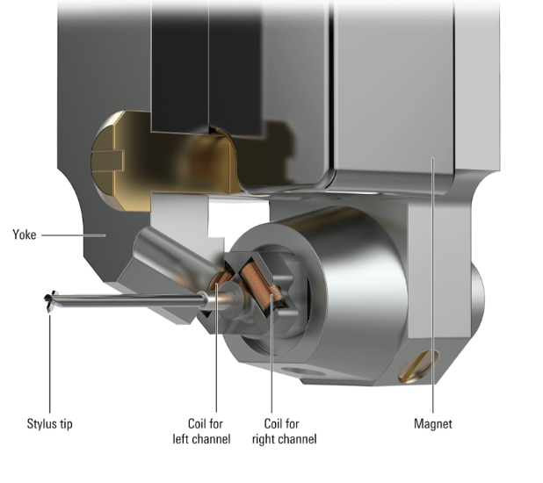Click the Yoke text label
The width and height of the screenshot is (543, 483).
[24, 234]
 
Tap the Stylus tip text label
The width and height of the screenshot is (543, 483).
[49, 424]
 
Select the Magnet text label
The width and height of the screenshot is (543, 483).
[432, 424]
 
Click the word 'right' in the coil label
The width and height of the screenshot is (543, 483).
[266, 438]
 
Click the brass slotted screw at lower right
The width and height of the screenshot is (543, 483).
[418, 364]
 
